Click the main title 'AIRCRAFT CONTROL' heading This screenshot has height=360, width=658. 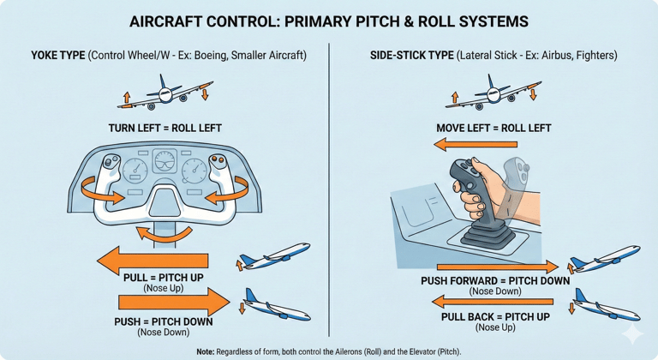(329, 20)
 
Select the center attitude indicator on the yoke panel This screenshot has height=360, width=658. (165, 165)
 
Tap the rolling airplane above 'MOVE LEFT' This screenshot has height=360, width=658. (491, 91)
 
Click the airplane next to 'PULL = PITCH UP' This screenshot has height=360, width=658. (273, 255)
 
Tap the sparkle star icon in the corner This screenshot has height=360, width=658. (633, 333)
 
